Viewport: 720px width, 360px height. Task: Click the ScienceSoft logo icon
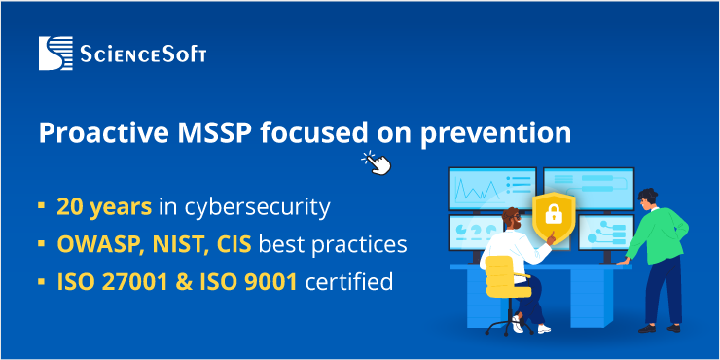coord(56,53)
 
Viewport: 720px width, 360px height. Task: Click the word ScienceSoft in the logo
coord(142,54)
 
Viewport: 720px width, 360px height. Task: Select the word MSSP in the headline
coord(198,132)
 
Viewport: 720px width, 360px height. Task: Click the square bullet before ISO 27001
coord(41,283)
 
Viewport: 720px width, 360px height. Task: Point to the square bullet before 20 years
coord(41,206)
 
